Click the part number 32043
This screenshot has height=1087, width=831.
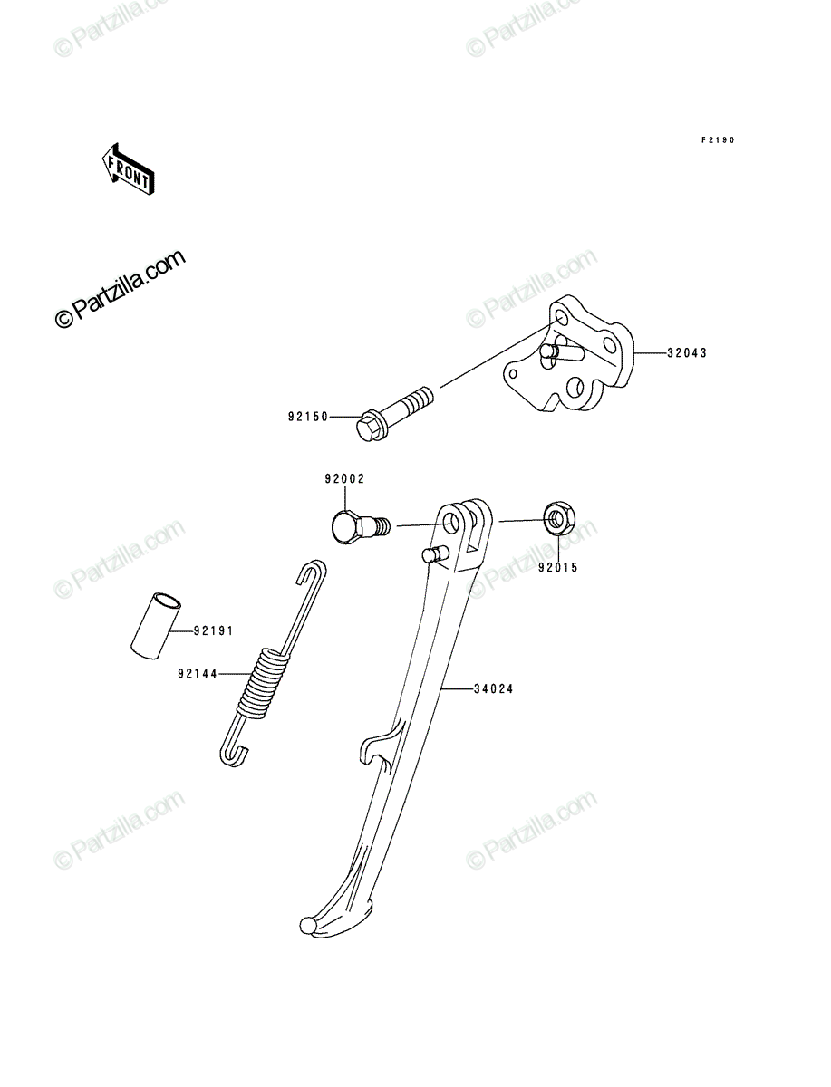686,353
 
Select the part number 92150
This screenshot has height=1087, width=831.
308,417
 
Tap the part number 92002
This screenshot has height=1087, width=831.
344,479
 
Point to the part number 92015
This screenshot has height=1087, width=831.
558,568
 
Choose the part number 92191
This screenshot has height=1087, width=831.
213,630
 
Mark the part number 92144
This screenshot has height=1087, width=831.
198,674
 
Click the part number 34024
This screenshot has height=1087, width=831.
493,688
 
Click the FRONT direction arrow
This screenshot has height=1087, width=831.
129,168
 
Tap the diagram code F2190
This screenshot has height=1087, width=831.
718,140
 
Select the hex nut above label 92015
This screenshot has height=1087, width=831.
558,517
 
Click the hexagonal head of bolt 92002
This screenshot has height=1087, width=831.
345,527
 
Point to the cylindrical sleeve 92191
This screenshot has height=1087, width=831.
156,625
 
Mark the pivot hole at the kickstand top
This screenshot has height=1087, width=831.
450,523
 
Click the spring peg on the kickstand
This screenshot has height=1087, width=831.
435,554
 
